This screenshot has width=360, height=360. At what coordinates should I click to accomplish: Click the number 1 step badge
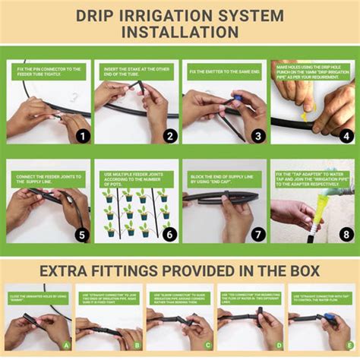click(82, 137)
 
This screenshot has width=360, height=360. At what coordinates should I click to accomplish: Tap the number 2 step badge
click(170, 137)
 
